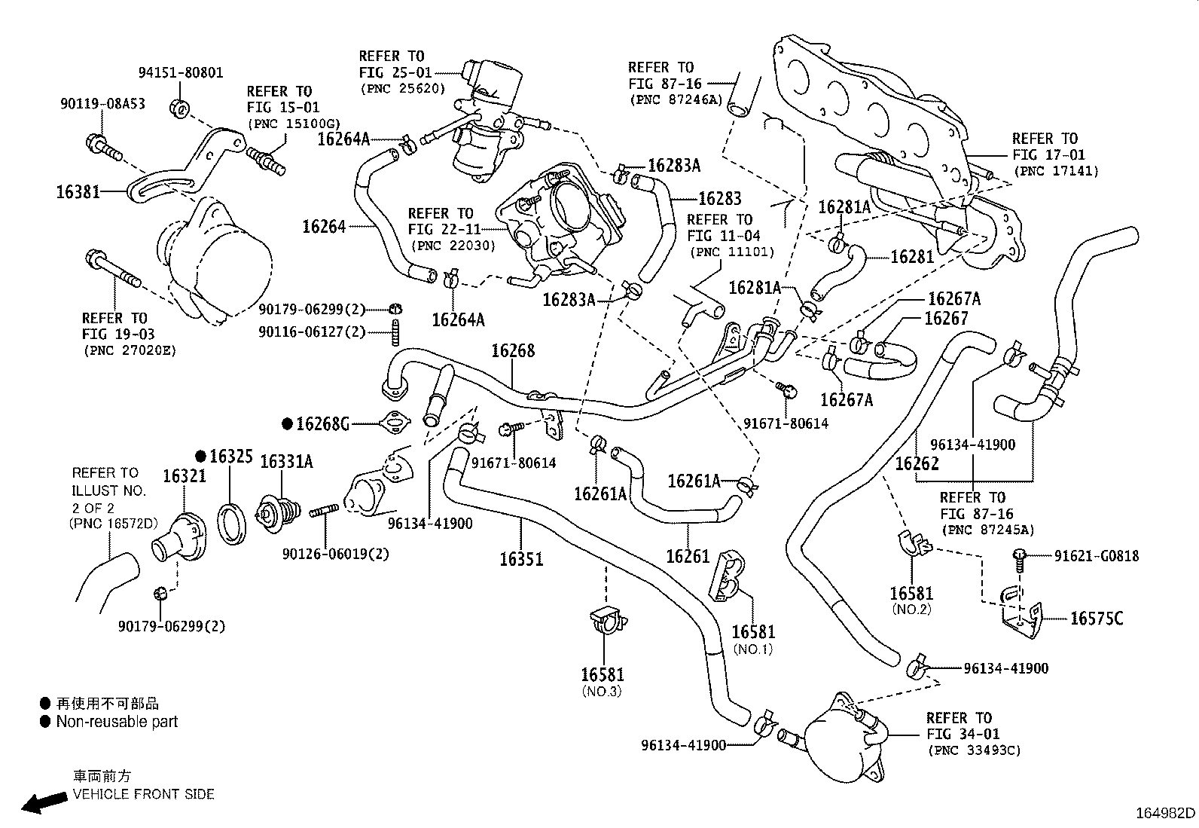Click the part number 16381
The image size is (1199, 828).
pyautogui.click(x=78, y=191)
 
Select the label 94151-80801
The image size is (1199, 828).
pyautogui.click(x=181, y=72)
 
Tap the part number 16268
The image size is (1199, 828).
pyautogui.click(x=513, y=351)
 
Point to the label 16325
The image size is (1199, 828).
pyautogui.click(x=230, y=457)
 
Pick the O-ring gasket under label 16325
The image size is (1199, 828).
pyautogui.click(x=232, y=524)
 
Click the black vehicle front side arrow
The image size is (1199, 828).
pyautogui.click(x=44, y=803)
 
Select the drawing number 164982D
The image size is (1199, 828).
pyautogui.click(x=1165, y=813)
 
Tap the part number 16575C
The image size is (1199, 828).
pyautogui.click(x=1097, y=619)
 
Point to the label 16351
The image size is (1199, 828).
pyautogui.click(x=521, y=559)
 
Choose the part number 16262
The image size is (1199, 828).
pyautogui.click(x=917, y=463)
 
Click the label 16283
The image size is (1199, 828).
pyautogui.click(x=720, y=199)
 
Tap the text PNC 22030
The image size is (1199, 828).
pyautogui.click(x=453, y=246)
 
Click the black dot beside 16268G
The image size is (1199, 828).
pyautogui.click(x=288, y=424)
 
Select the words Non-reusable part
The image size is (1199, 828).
pyautogui.click(x=117, y=722)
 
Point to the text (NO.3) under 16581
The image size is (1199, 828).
pyautogui.click(x=602, y=692)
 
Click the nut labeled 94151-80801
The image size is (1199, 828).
pyautogui.click(x=180, y=108)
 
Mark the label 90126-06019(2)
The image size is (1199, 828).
pyautogui.click(x=336, y=554)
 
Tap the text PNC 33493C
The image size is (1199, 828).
pyautogui.click(x=975, y=750)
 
